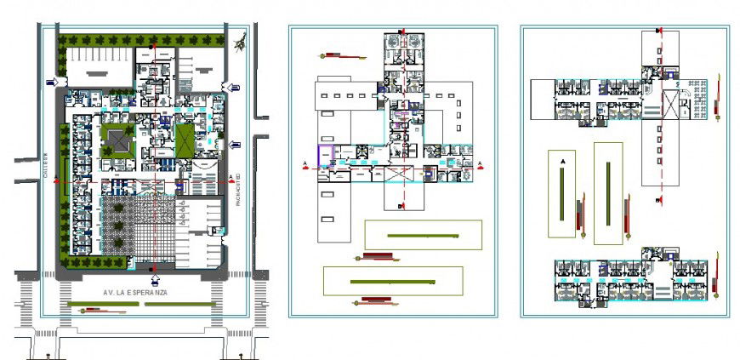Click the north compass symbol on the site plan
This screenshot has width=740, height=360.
[243, 39]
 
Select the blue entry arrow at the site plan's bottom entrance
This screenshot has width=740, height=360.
[154, 277]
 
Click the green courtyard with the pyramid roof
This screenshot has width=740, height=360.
[117, 140]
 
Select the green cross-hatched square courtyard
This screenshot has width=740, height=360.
[187, 138]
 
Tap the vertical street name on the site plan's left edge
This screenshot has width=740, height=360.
[47, 166]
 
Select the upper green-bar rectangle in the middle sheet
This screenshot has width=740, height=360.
[423, 234]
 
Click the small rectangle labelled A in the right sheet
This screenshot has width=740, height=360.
[561, 193]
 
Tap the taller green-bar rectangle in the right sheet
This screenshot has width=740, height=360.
[608, 192]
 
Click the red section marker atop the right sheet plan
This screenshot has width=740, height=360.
[659, 31]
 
